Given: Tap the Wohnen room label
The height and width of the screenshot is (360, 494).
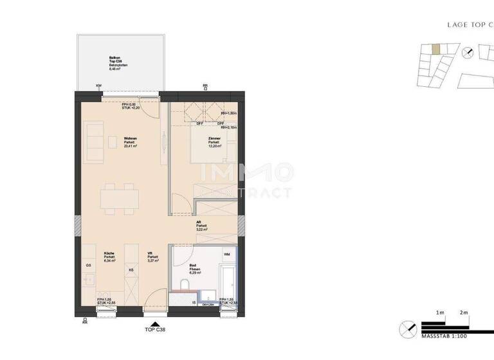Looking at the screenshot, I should [131, 142].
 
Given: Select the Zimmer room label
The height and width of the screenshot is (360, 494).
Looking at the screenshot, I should [215, 142].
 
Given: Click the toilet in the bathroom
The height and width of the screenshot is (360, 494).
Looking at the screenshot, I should [185, 285].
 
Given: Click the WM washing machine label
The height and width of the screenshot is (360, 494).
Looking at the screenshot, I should [226, 255].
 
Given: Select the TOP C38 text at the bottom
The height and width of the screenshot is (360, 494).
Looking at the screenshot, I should [154, 330].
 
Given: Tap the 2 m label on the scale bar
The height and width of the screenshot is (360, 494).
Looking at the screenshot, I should [464, 312].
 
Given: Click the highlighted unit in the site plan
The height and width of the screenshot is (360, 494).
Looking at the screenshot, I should [436, 49].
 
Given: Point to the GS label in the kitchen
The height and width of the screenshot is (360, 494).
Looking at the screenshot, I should [88, 265].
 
